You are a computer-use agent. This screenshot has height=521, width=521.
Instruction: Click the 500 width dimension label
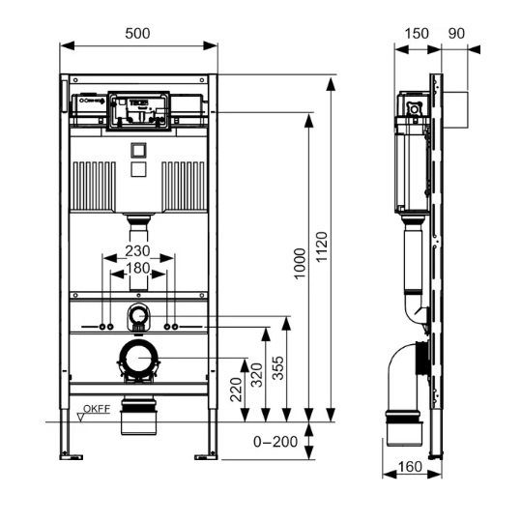pyautogui.click(x=137, y=33)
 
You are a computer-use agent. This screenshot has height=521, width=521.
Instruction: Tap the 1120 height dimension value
pyautogui.click(x=321, y=246)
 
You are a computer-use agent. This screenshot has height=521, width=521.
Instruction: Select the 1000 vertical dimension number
pyautogui.click(x=300, y=264)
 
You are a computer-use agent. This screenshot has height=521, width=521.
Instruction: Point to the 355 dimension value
pyautogui.click(x=278, y=368)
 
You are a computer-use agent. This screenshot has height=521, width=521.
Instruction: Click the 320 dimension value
pyautogui.click(x=256, y=375)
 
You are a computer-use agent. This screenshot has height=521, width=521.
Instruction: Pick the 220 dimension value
pyautogui.click(x=236, y=390)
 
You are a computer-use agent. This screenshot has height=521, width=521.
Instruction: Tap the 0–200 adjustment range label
pyautogui.click(x=275, y=442)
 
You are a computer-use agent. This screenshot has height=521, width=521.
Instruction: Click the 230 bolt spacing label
pyautogui.click(x=137, y=251)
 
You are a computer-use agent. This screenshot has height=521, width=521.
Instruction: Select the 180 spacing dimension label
pyautogui.click(x=137, y=268)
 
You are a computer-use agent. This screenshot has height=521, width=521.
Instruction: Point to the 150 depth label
pyautogui.click(x=417, y=33)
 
